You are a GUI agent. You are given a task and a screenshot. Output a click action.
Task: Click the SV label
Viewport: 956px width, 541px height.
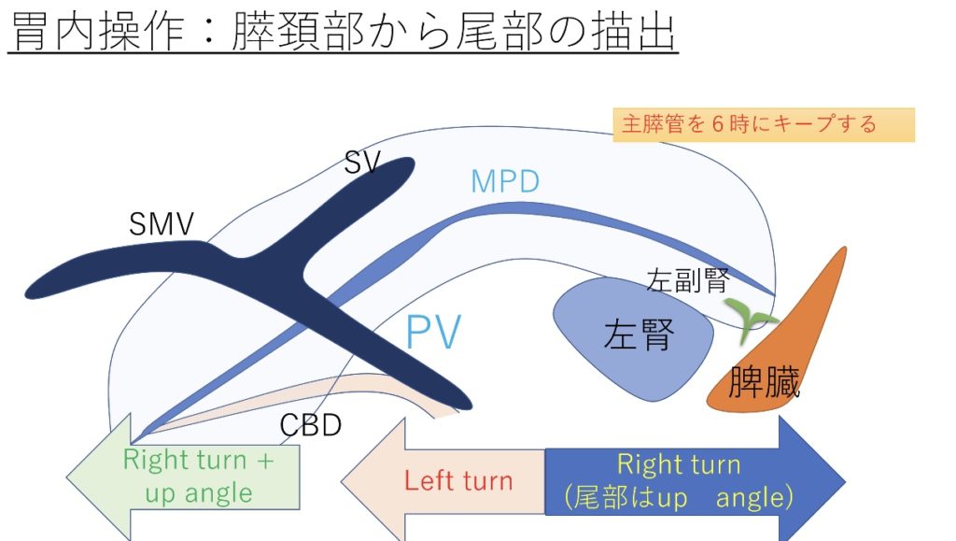(x=362, y=163)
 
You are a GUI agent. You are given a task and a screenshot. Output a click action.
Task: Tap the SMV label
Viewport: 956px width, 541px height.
(x=162, y=224)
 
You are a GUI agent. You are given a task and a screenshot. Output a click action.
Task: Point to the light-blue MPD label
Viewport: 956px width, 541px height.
(x=505, y=181)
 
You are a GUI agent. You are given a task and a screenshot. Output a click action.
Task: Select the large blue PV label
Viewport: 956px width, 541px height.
(x=433, y=331)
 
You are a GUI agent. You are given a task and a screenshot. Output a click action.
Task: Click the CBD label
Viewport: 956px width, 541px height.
(x=310, y=425)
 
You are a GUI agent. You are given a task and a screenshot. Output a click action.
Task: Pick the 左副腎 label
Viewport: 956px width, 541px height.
(x=688, y=280)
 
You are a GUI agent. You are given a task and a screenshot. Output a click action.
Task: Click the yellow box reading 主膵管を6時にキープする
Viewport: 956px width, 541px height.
(x=764, y=125)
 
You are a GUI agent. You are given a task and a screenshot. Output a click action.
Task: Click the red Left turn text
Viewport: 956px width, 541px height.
(x=458, y=480)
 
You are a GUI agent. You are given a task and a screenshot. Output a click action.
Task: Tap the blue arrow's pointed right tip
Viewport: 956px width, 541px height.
(x=845, y=482)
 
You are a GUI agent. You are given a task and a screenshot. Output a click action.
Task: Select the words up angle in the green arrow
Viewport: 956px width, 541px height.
(x=199, y=492)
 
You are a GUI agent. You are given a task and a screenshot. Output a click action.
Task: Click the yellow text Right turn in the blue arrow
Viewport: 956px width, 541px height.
(x=679, y=464)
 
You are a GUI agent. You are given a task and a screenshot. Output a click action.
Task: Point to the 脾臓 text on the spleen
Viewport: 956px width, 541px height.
(x=764, y=382)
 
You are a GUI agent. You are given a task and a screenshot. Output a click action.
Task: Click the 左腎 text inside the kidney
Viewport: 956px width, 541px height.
(x=639, y=335)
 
